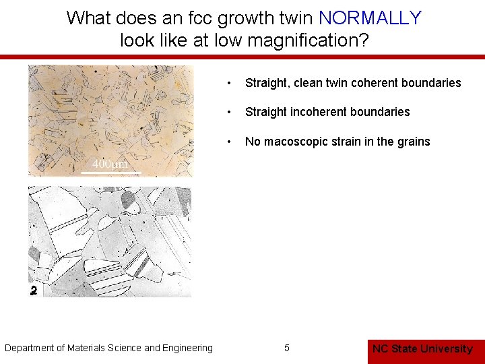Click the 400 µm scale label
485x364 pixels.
tap(110, 164)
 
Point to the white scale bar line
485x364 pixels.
tap(110, 173)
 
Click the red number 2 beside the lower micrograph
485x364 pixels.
tap(34, 291)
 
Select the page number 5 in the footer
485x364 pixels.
tap(287, 348)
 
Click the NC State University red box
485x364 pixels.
tap(422, 348)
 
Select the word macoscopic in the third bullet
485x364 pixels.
tap(294, 142)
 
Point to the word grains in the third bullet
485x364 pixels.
tap(414, 142)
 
